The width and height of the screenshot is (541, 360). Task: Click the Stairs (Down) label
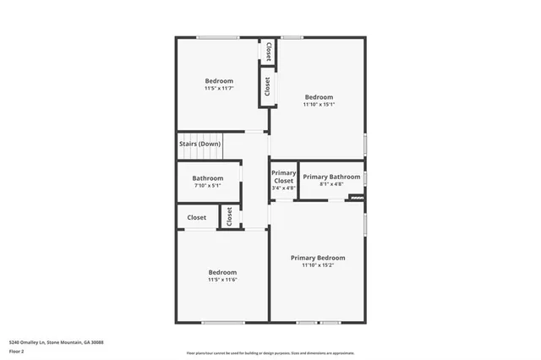click(x=199, y=144)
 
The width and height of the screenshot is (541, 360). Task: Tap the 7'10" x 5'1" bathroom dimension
click(x=207, y=186)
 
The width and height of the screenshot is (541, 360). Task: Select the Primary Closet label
click(x=283, y=177)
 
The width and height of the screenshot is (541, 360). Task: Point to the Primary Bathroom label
click(x=331, y=177)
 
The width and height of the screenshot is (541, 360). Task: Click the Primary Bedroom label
click(x=318, y=258)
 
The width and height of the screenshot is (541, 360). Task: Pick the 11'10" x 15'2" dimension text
click(x=318, y=265)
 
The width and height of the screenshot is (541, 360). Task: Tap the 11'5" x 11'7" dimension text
click(x=219, y=88)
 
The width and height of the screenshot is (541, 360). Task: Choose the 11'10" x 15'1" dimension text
click(x=319, y=104)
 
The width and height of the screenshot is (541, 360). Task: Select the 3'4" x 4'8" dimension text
click(x=283, y=188)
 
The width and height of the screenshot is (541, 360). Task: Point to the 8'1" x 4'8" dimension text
click(x=331, y=184)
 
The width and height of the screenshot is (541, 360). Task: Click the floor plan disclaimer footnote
click(x=270, y=353)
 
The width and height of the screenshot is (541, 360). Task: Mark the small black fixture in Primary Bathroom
click(x=356, y=198)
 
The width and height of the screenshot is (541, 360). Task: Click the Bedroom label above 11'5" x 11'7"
click(x=219, y=81)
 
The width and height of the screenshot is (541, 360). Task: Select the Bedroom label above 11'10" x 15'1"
click(x=319, y=96)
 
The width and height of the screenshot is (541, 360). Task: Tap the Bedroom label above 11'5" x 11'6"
click(x=222, y=271)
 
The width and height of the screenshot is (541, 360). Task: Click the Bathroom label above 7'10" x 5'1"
click(x=207, y=178)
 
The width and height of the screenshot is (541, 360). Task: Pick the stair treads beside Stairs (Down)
click(x=211, y=144)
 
